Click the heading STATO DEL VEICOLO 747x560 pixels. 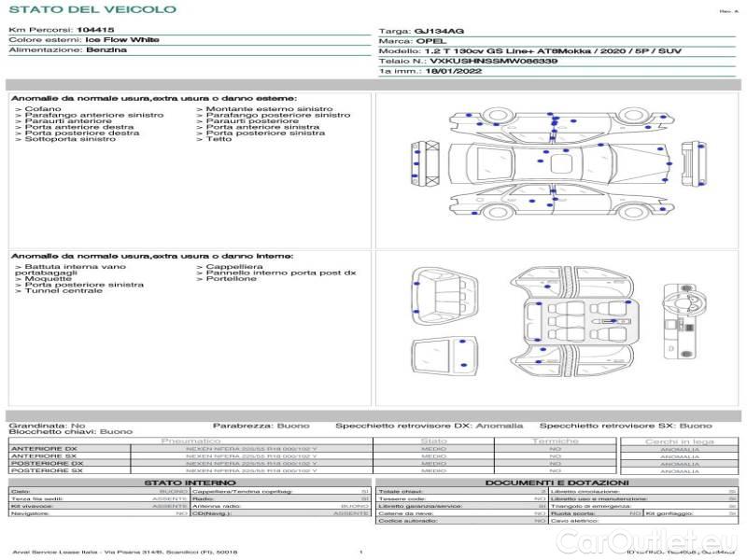(92, 9)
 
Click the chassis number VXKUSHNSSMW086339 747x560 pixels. (493, 61)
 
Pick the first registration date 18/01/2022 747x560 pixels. (453, 70)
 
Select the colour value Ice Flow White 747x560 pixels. (121, 40)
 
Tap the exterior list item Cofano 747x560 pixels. (43, 109)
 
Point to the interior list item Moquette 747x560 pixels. (48, 278)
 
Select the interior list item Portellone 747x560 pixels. (232, 278)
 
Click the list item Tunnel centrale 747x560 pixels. (63, 291)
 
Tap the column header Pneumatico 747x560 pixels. (191, 441)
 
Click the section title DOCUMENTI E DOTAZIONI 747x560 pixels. (558, 483)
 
